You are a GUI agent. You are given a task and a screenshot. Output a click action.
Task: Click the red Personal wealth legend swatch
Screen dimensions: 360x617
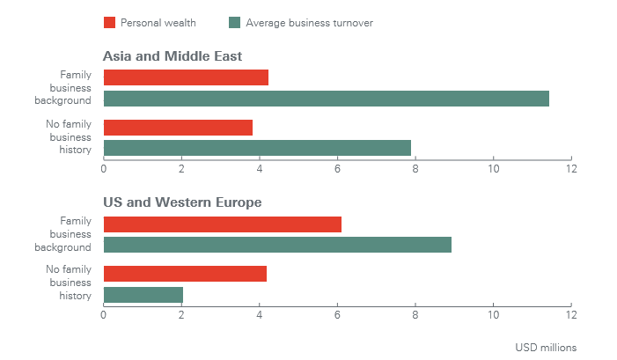pos(109,23)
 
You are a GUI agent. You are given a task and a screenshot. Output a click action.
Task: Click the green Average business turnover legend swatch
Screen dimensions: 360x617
pos(234,23)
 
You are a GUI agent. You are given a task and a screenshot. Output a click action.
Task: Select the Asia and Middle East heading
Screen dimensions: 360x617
pos(173,56)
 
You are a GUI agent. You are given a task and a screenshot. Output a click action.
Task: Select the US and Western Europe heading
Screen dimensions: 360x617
pos(182,202)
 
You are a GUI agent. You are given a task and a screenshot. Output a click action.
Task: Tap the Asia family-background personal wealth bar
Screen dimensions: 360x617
pos(186,77)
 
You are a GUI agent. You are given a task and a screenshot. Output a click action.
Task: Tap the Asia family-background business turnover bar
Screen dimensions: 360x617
pos(327,99)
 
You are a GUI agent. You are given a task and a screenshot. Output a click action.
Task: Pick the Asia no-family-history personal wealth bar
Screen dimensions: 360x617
pos(178,127)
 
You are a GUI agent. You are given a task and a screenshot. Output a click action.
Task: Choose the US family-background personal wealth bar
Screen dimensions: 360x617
pos(223,224)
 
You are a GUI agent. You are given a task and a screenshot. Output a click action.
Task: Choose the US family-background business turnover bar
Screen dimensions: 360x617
pos(277,245)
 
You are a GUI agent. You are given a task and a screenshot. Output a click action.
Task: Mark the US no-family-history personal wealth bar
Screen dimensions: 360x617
pos(185,274)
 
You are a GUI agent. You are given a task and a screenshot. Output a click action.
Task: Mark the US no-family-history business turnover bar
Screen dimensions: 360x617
pos(143,295)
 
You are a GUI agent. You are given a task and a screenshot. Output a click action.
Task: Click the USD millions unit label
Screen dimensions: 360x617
pos(546,347)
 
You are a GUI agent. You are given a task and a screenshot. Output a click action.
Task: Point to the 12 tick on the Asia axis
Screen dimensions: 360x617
pos(571,168)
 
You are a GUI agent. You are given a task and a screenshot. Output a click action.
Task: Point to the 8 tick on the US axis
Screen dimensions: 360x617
pos(415,315)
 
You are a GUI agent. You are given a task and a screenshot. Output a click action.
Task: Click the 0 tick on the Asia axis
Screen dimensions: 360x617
pos(104,168)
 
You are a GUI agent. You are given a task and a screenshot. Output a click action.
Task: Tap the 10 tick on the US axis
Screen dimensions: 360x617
pos(493,315)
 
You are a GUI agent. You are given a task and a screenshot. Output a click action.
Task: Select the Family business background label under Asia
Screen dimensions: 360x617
pos(70,88)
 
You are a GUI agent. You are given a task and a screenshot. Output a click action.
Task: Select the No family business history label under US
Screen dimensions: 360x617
pos(69,283)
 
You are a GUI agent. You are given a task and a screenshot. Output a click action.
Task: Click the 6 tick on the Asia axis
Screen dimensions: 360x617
pos(338,168)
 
